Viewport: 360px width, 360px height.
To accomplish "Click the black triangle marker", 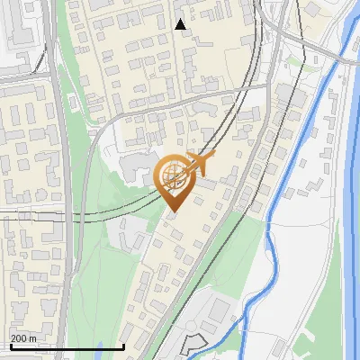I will tap(181, 24).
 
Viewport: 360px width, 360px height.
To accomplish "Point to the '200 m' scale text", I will tap(23, 338).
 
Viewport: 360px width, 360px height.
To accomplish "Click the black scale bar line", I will tap(67, 346).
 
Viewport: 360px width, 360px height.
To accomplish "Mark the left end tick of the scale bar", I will tap(11, 346).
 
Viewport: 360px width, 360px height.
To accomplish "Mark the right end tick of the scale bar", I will tap(124, 346).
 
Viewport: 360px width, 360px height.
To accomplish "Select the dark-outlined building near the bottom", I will tap(192, 344).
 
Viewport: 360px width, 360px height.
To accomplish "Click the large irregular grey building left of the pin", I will tap(135, 167).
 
